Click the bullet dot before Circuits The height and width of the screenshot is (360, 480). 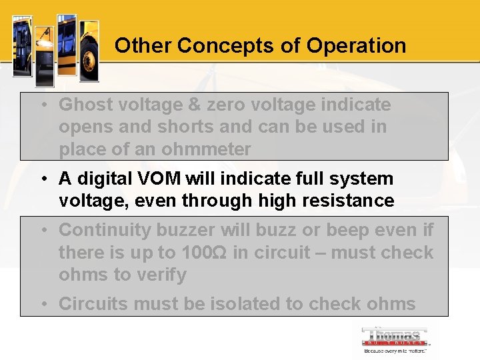click(x=43, y=304)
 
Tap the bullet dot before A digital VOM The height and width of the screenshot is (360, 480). click(x=43, y=179)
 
